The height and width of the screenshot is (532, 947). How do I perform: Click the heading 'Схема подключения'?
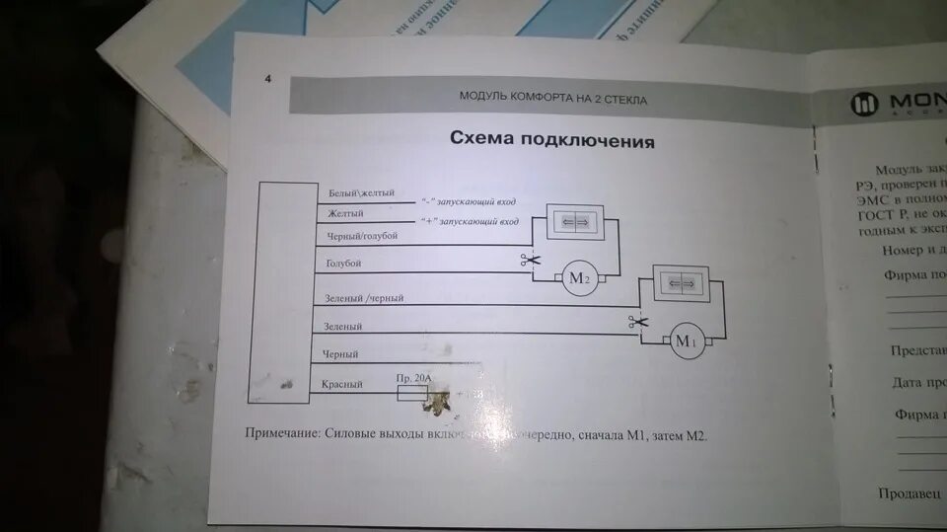coord(551,139)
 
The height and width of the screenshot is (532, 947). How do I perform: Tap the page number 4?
coord(267,80)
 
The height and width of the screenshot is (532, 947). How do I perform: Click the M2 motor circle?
coord(578,278)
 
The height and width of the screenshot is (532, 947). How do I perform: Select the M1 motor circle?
coord(686,342)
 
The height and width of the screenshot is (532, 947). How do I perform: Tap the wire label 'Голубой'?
coord(343,264)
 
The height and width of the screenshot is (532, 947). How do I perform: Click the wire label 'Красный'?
coord(343,384)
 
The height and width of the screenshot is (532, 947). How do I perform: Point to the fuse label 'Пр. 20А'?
coord(413,378)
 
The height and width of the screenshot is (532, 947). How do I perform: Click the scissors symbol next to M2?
coord(529,261)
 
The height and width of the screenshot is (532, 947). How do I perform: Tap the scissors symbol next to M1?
coord(637,321)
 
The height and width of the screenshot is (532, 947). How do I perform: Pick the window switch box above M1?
coord(682,283)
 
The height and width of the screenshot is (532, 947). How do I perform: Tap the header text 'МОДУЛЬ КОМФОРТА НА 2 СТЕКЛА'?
coord(553,98)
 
